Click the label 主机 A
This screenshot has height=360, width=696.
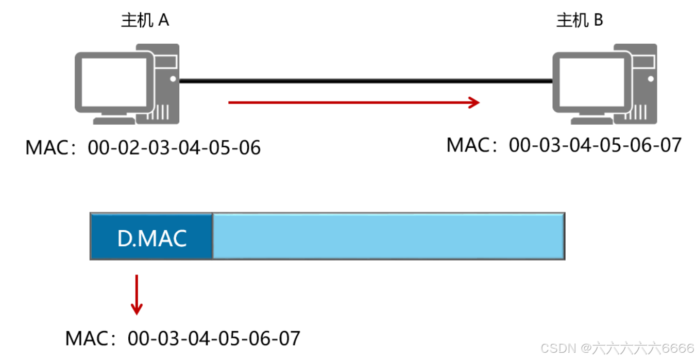[x=145, y=21]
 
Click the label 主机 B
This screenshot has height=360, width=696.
[x=580, y=21]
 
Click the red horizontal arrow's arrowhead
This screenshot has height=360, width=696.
[x=474, y=102]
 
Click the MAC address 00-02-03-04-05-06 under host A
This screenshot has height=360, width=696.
[x=174, y=148]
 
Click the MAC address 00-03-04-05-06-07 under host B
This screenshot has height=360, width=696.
[x=595, y=145]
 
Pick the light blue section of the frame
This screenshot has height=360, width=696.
[x=388, y=236]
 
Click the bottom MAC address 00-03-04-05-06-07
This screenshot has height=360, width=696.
[x=214, y=338]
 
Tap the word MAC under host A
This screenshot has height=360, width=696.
[x=47, y=148]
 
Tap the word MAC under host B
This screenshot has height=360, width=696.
[x=468, y=145]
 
